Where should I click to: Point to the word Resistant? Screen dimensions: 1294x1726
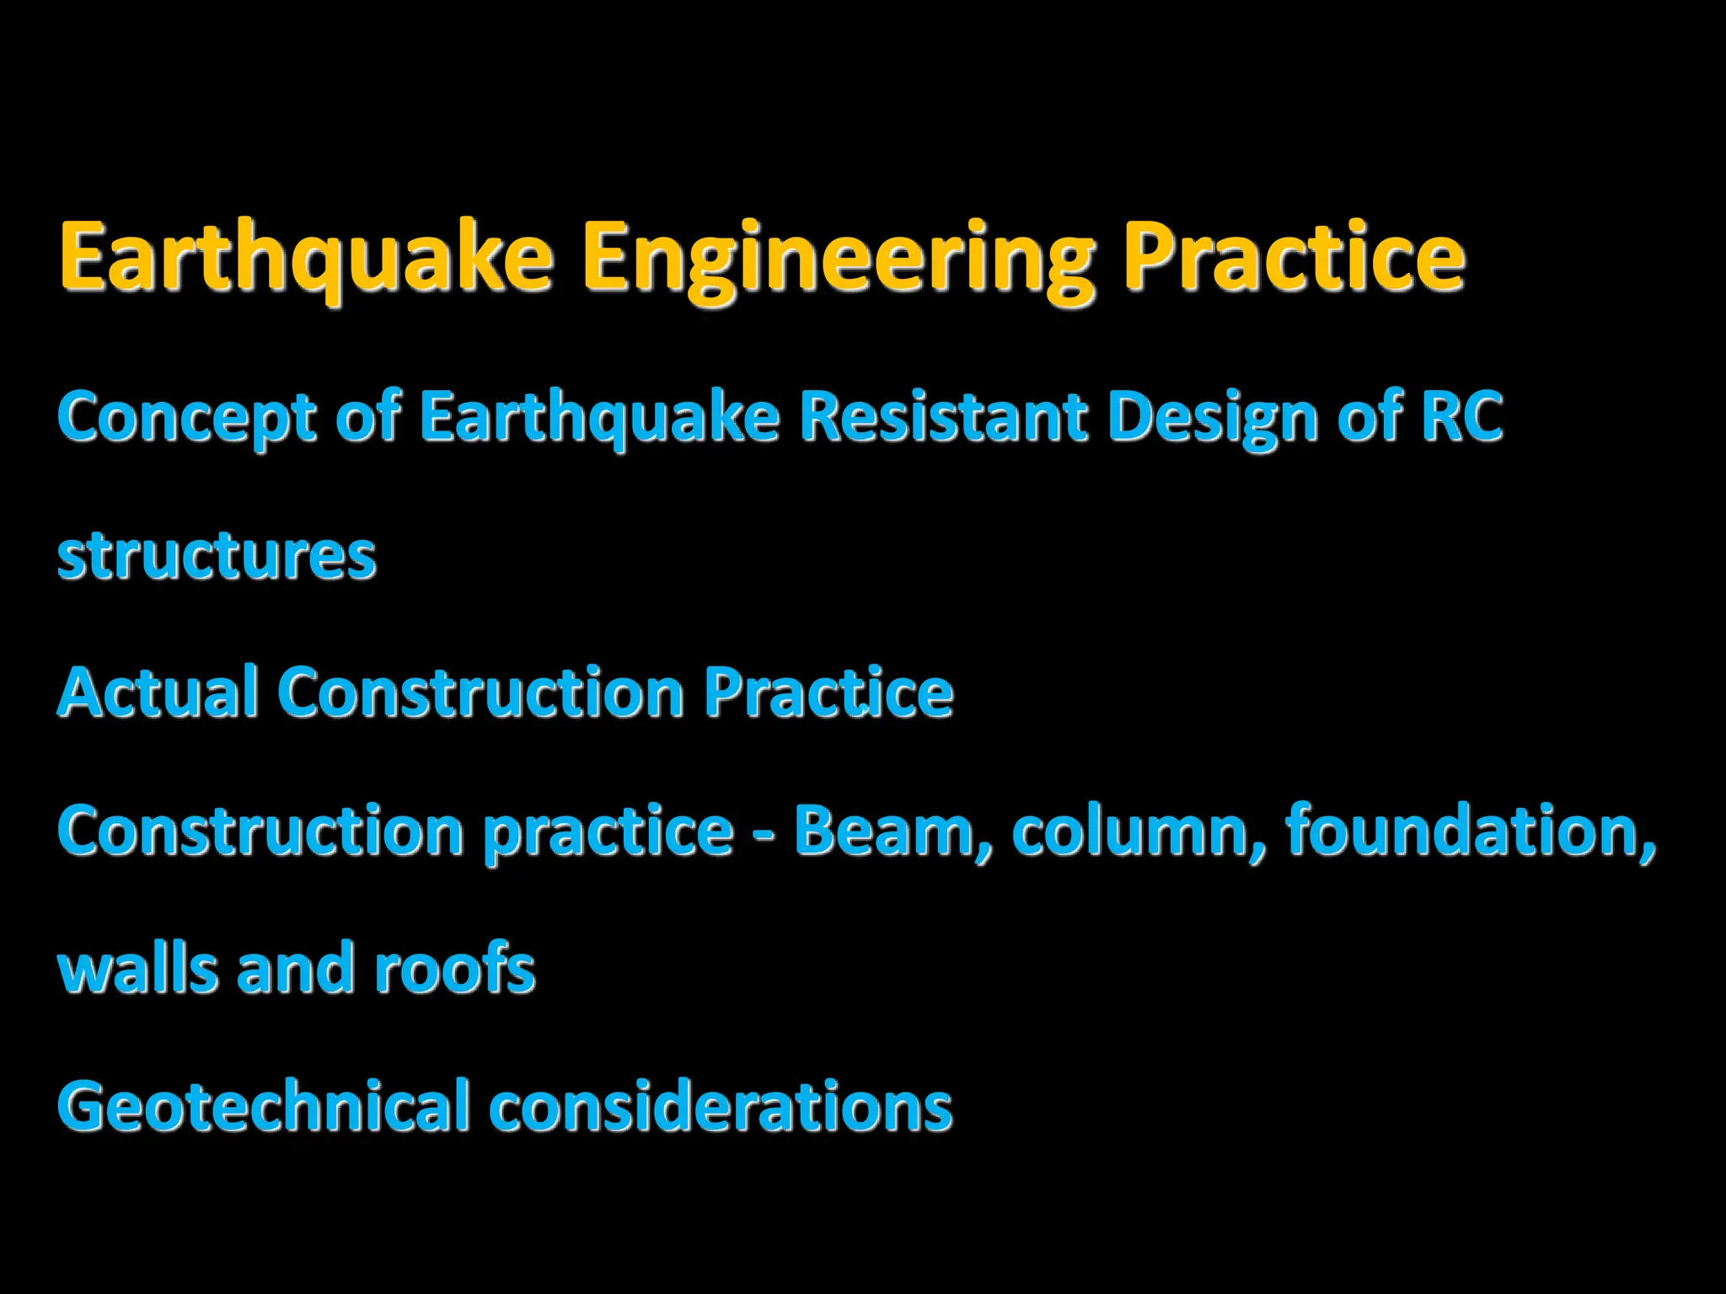click(943, 417)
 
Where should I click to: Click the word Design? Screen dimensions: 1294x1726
click(1213, 417)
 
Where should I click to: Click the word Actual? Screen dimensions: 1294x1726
click(158, 693)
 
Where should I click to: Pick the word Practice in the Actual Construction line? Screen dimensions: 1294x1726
click(828, 693)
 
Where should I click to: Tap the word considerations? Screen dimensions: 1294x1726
click(721, 1106)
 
